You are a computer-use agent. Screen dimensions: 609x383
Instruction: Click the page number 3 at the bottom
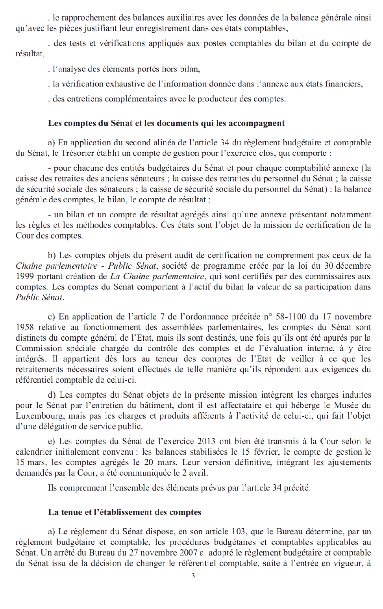click(x=193, y=576)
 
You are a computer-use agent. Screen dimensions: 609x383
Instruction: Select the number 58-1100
click(x=290, y=317)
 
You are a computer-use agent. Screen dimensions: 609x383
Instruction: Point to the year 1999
click(x=25, y=276)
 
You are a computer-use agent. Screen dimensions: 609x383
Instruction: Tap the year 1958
click(x=25, y=327)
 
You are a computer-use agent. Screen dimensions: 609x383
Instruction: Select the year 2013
click(x=206, y=441)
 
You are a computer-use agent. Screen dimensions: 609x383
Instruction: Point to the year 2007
click(x=188, y=553)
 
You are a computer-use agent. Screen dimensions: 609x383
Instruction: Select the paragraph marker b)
click(x=52, y=255)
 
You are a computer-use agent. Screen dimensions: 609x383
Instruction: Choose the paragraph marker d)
click(x=52, y=395)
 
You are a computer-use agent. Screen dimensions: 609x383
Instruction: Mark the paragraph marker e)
click(x=52, y=441)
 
